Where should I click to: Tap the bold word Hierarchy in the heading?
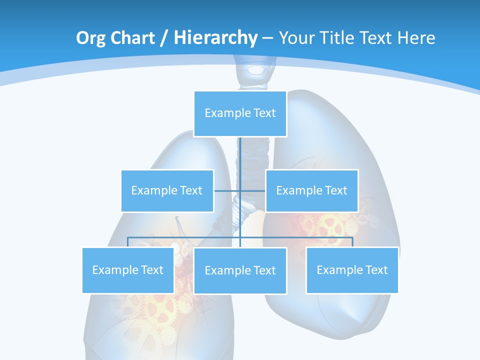click(x=215, y=38)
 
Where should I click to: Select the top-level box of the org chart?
click(x=240, y=113)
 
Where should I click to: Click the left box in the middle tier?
click(x=167, y=190)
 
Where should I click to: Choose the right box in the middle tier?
click(x=311, y=190)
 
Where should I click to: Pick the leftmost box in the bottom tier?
click(x=128, y=270)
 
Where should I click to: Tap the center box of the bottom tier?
click(x=240, y=270)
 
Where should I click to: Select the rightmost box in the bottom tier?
click(x=352, y=270)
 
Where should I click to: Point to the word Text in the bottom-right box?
click(x=376, y=270)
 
